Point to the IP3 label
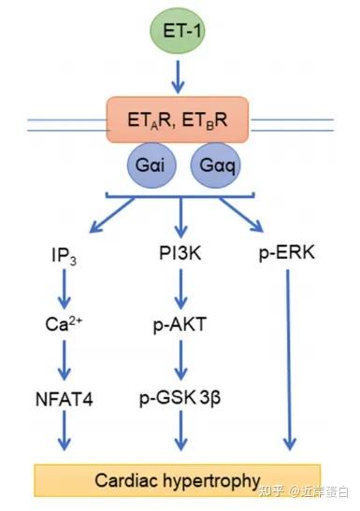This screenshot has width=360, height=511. pyautogui.click(x=64, y=254)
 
